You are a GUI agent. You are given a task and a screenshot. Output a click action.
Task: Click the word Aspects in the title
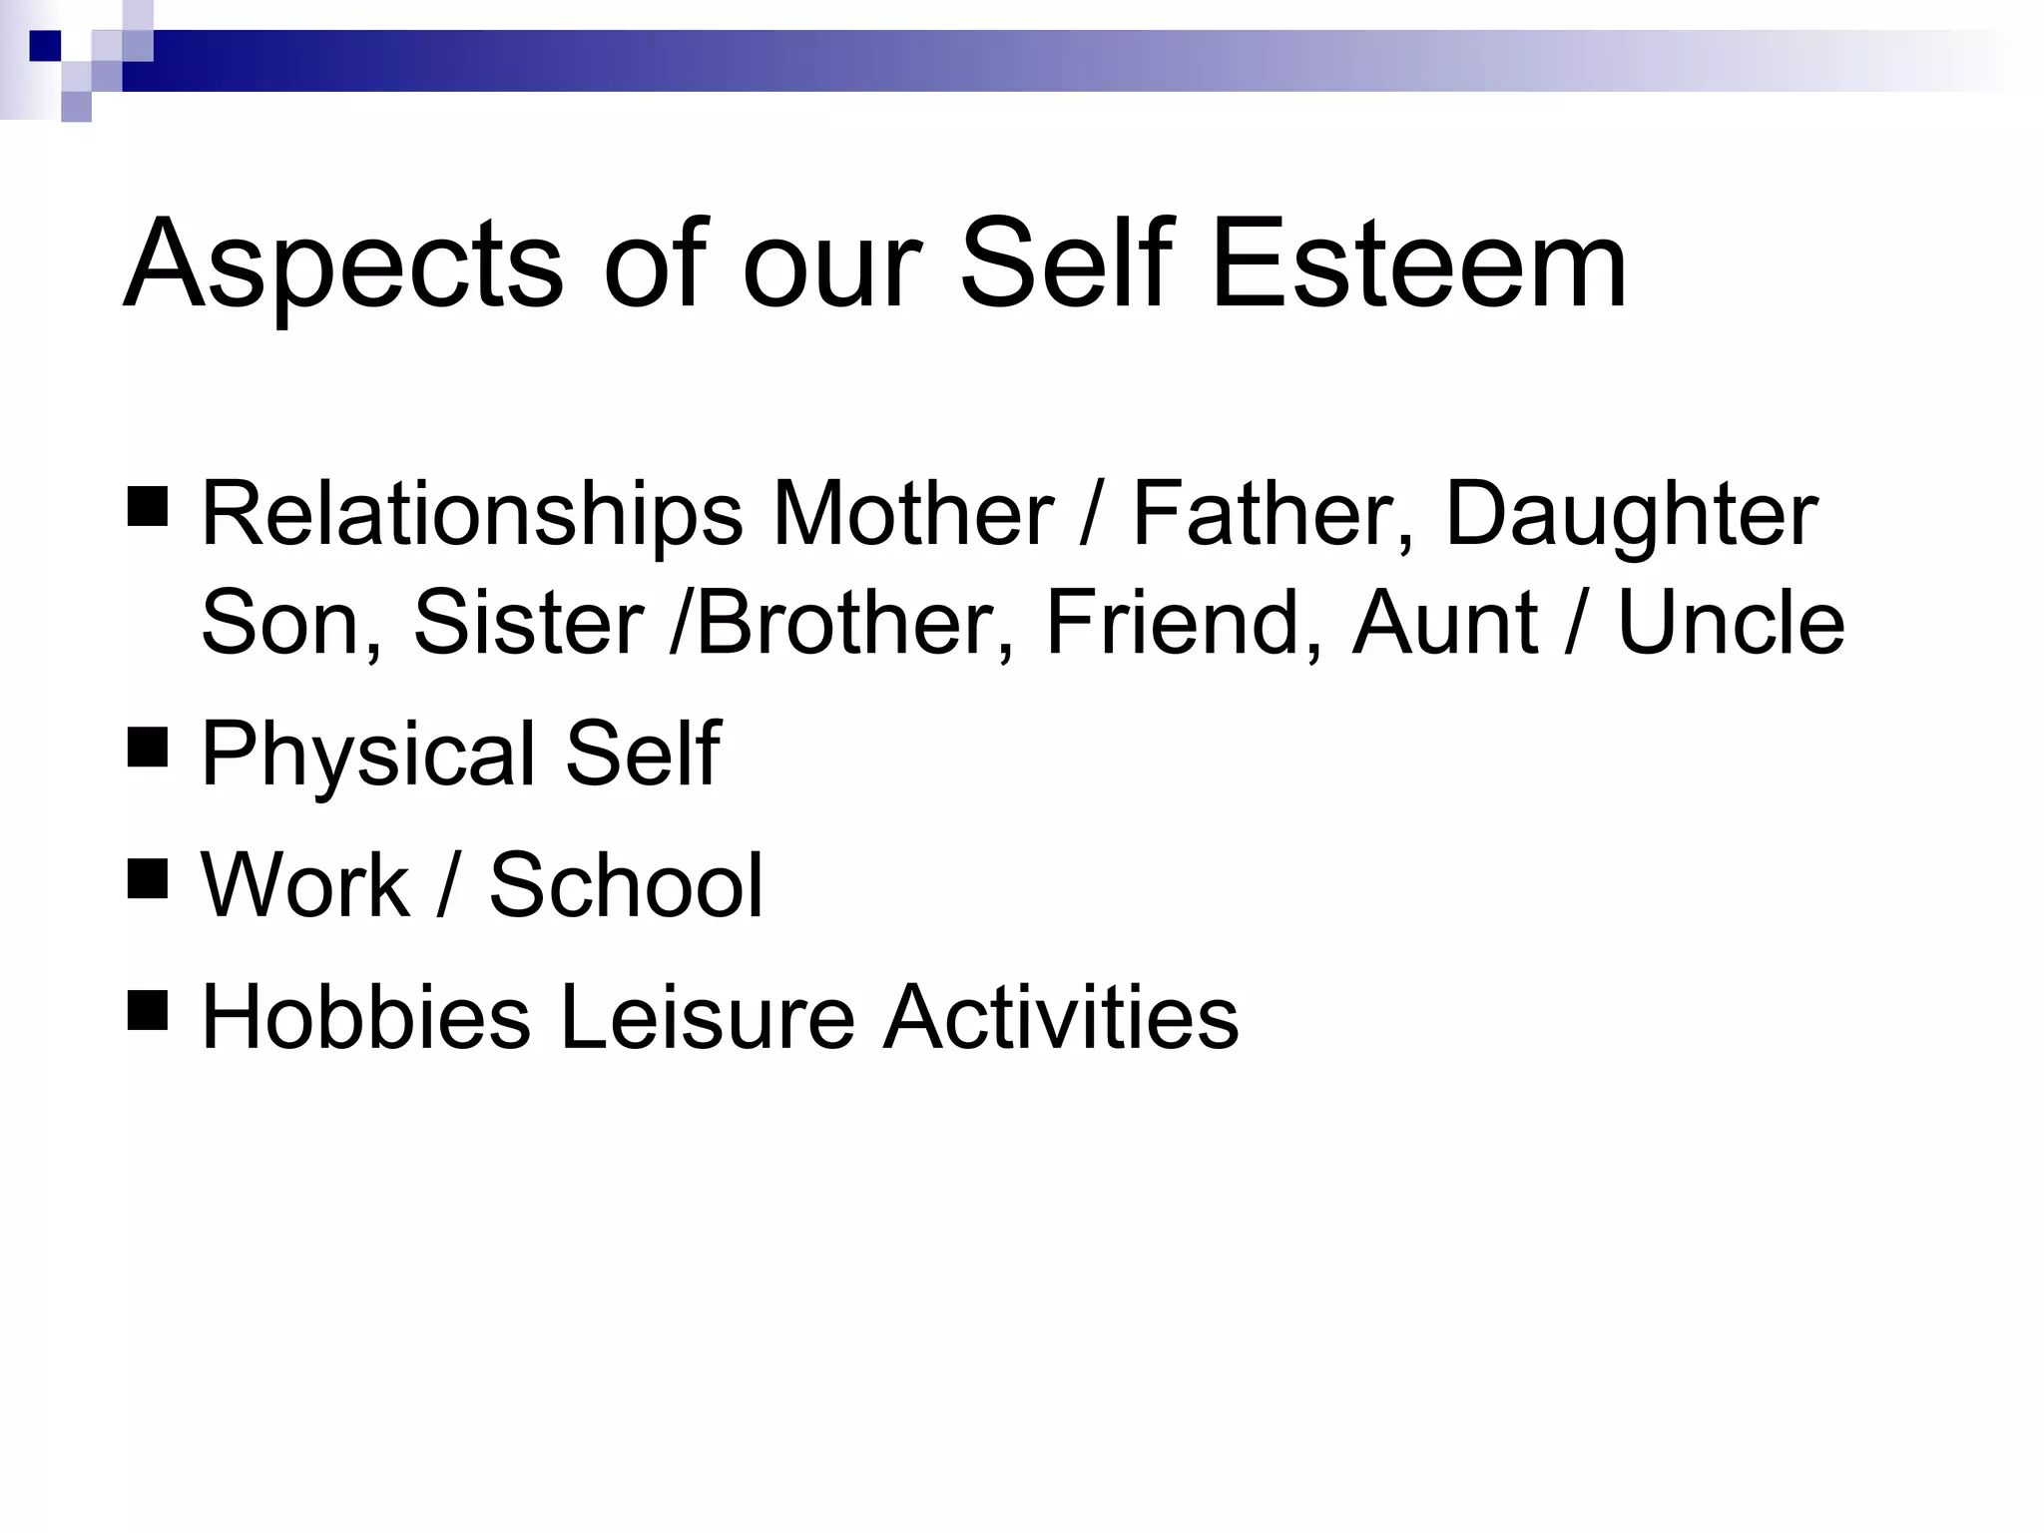coord(343,265)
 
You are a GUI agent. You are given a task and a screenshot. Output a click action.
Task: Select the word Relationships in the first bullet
coord(472,516)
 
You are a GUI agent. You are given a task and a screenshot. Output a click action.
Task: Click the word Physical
coord(371,756)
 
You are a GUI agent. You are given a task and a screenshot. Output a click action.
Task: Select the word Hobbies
coord(366,1017)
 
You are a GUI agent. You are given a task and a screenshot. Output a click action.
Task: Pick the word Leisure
coord(707,1017)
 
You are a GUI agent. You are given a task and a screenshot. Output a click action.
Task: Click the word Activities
coord(1061,1017)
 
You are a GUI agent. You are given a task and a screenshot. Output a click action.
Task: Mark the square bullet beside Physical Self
coord(148,744)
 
